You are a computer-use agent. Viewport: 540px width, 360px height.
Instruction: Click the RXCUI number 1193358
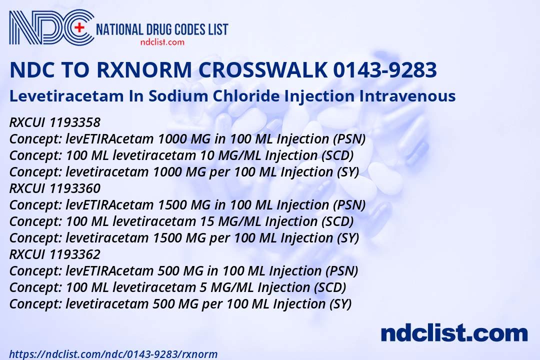pyautogui.click(x=75, y=122)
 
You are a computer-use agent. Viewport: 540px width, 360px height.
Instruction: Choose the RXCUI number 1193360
pyautogui.click(x=75, y=188)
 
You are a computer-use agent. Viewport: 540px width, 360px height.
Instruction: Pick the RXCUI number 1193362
pyautogui.click(x=75, y=254)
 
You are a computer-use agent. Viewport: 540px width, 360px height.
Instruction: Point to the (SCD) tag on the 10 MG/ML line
pyautogui.click(x=337, y=155)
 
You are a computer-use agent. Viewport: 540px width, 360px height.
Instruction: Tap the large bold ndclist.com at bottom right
pyautogui.click(x=454, y=332)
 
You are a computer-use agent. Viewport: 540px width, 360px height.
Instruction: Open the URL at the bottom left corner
pyautogui.click(x=113, y=354)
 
